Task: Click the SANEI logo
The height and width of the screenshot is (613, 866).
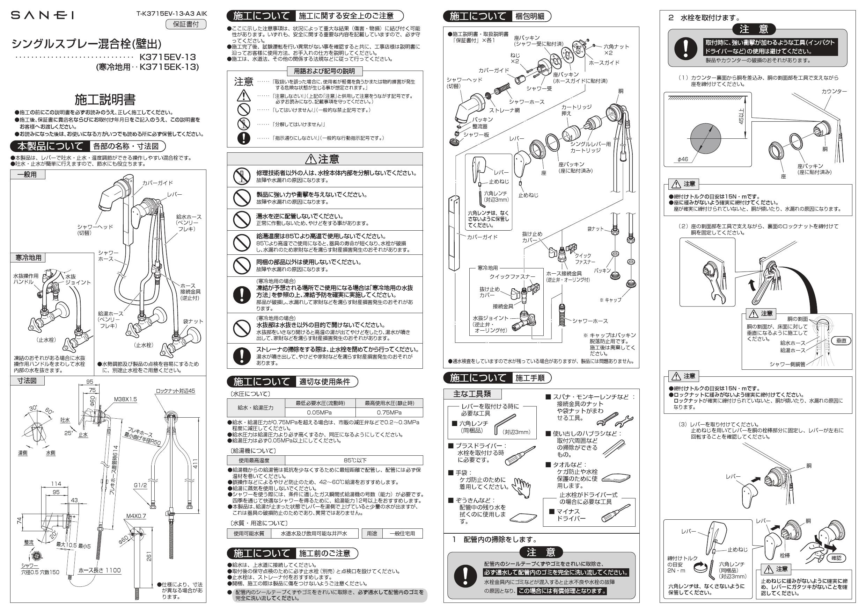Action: tap(42, 15)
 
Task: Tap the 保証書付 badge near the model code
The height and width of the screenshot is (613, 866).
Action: tap(186, 24)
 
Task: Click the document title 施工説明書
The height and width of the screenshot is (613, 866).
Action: tap(105, 100)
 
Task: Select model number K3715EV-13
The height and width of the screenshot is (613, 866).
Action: tap(168, 57)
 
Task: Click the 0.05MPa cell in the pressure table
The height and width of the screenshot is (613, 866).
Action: tap(320, 412)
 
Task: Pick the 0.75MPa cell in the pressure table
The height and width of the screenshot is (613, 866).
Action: tap(389, 412)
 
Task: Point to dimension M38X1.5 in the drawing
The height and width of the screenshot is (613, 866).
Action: tap(125, 399)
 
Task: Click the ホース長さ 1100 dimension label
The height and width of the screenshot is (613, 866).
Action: tap(100, 570)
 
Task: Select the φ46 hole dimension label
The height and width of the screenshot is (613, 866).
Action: tap(683, 159)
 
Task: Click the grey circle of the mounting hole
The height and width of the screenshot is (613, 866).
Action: tap(705, 137)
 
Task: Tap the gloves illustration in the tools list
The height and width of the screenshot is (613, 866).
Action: tap(521, 486)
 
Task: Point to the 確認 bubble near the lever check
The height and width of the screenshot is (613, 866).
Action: tap(836, 557)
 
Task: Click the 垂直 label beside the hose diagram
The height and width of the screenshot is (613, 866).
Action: tap(841, 341)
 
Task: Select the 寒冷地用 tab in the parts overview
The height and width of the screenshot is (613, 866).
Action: tap(28, 258)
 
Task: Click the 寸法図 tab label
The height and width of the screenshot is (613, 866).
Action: tap(27, 381)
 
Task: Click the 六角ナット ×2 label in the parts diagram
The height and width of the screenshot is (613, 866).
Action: tap(616, 49)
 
